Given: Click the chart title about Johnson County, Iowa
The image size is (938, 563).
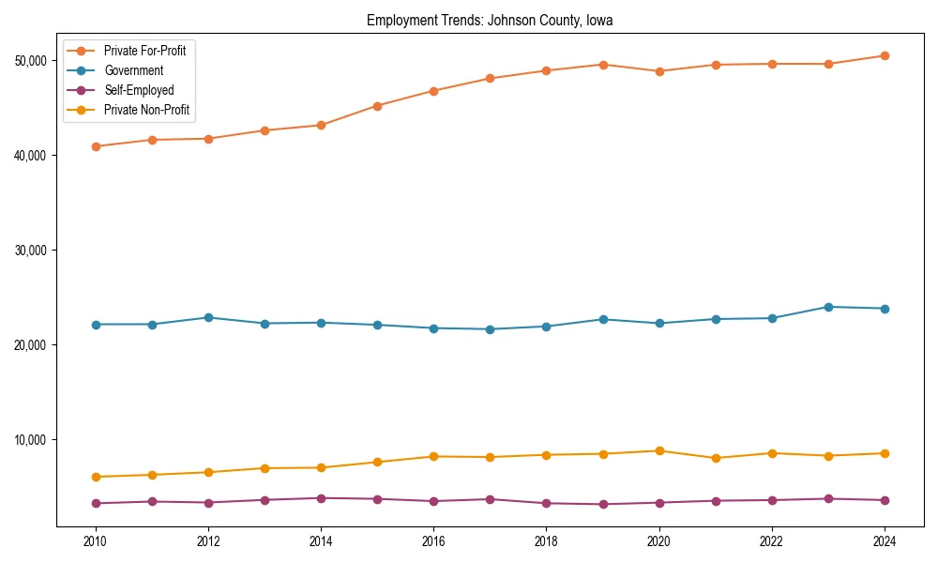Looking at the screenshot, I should pyautogui.click(x=490, y=20).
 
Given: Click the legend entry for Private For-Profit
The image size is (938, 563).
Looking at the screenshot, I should pyautogui.click(x=144, y=51).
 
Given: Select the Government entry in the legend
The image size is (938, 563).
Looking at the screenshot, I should pyautogui.click(x=133, y=70).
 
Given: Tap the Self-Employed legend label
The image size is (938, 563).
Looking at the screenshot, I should pyautogui.click(x=139, y=91).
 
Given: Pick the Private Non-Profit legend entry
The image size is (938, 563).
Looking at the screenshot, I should pyautogui.click(x=146, y=111).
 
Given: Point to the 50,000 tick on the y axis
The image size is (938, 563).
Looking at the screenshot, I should pyautogui.click(x=33, y=61).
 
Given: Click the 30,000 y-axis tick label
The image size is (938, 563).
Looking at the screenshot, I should pyautogui.click(x=33, y=251).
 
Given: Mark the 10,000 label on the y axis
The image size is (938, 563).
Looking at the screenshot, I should pyautogui.click(x=33, y=440).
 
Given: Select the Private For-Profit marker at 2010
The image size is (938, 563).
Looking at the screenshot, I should pyautogui.click(x=95, y=146).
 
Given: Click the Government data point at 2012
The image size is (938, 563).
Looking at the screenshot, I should pyautogui.click(x=208, y=317).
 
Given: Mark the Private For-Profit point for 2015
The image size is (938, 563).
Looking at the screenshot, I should pyautogui.click(x=377, y=106).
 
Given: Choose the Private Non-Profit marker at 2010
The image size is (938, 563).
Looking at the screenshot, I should pyautogui.click(x=95, y=477).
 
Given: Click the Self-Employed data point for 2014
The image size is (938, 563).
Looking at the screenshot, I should pyautogui.click(x=321, y=498).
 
